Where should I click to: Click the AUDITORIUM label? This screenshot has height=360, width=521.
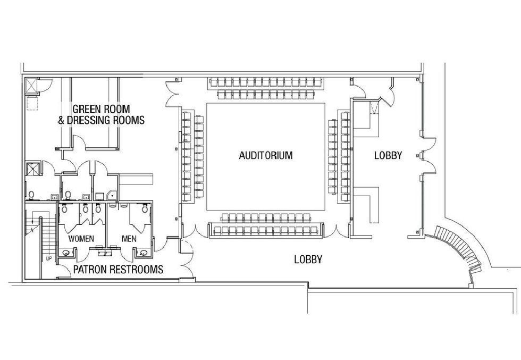pos(266,156)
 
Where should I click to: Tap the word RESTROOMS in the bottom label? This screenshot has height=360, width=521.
pos(139,270)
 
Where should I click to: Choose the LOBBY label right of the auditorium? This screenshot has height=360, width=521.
pos(388,156)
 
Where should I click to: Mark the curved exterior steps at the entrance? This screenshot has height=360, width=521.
pos(460,249)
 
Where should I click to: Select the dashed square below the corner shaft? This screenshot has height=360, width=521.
pos(33,103)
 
